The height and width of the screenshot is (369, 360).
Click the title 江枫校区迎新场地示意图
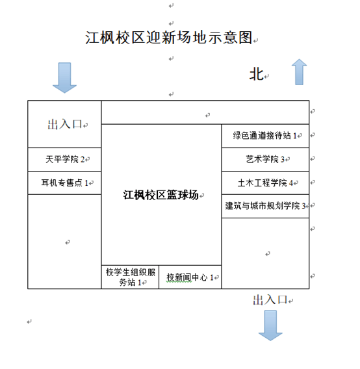168,38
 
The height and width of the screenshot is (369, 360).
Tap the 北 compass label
257,74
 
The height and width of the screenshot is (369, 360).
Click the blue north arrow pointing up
299,71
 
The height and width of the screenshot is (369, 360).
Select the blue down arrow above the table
64,78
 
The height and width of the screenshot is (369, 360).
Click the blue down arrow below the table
270,325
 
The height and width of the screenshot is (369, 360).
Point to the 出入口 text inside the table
65,124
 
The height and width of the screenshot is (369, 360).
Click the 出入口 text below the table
270,300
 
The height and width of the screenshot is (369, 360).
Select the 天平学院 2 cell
64,160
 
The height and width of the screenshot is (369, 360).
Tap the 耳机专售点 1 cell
64,183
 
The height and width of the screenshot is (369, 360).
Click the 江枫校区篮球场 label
161,195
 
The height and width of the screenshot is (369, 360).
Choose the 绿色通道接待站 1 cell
265,136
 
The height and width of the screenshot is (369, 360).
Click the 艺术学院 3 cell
265,160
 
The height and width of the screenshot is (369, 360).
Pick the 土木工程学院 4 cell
265,183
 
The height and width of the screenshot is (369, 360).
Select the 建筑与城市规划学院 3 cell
265,206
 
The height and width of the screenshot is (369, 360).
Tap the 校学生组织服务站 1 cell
130,277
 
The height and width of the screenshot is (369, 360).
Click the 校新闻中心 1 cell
190,277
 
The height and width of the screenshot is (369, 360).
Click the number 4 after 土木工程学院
291,183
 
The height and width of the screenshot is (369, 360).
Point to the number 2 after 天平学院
83,160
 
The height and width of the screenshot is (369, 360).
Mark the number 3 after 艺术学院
283,160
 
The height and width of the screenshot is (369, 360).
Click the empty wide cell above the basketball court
205,112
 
